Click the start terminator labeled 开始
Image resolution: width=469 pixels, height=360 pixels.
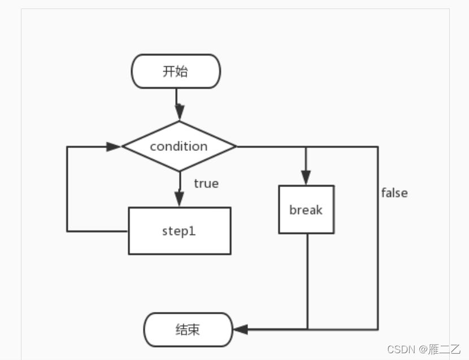(x=176, y=71)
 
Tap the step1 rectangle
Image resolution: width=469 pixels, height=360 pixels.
(x=179, y=231)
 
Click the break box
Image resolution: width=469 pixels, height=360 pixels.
(x=306, y=210)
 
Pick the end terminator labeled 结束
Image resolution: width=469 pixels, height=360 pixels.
(x=188, y=329)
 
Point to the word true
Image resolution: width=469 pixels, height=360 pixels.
(x=206, y=184)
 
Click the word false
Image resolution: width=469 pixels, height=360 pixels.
(x=394, y=193)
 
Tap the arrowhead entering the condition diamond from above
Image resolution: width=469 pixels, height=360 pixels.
(x=179, y=115)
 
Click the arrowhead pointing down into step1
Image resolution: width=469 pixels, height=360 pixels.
(x=179, y=199)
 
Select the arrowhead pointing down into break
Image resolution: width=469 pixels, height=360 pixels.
(x=306, y=177)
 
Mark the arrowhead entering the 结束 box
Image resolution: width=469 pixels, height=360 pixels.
(x=240, y=329)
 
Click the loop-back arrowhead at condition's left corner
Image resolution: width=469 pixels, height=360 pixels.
(x=114, y=146)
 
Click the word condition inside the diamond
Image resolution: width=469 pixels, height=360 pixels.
(x=179, y=146)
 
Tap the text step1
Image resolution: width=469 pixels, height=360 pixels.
(x=179, y=231)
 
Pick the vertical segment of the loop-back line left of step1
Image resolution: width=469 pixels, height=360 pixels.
(x=67, y=189)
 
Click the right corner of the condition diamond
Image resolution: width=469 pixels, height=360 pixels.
(x=234, y=146)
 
